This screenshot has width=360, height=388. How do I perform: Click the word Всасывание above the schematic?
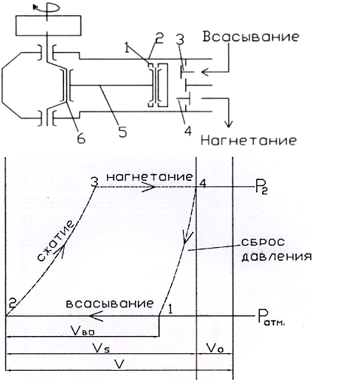tap(251, 37)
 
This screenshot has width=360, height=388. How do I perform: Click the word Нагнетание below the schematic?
tap(249, 140)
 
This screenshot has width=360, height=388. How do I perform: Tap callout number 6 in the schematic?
tap(81, 139)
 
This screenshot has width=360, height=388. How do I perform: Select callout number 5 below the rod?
tap(123, 132)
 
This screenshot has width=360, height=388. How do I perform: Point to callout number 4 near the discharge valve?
tap(188, 130)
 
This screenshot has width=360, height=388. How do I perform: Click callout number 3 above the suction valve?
tap(180, 39)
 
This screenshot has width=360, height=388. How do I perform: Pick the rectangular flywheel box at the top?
tap(48, 26)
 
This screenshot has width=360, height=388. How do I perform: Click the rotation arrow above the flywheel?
tap(47, 8)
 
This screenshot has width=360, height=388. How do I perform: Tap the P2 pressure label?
tap(261, 188)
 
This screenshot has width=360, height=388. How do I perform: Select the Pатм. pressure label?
tap(272, 317)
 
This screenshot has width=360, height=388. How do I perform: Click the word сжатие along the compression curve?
tap(56, 241)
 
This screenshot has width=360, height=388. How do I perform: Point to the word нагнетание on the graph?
tap(150, 177)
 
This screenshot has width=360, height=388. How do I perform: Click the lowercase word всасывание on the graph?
tap(110, 304)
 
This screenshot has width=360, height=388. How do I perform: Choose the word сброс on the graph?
tap(263, 242)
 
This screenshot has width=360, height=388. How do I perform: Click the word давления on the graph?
tap(276, 257)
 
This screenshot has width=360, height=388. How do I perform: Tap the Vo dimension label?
tap(215, 348)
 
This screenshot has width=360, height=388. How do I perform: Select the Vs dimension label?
tap(101, 348)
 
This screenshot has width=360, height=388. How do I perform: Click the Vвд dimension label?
tap(83, 331)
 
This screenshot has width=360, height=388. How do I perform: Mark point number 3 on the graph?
tap(94, 182)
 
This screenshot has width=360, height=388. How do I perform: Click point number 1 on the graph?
tap(170, 309)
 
